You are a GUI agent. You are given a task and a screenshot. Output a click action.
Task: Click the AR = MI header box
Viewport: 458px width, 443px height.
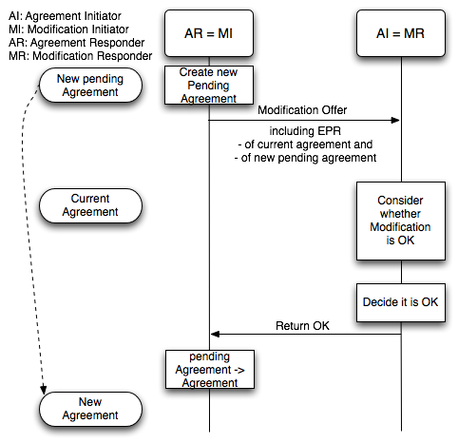tap(209, 33)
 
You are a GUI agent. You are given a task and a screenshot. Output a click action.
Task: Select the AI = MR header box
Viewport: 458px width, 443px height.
tap(401, 33)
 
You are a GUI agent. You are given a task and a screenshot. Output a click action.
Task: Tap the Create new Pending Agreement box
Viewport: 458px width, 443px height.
tap(209, 85)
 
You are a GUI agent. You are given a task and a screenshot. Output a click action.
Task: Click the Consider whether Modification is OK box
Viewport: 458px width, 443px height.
tap(401, 221)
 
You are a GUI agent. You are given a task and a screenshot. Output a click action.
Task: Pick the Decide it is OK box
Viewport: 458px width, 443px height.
tap(401, 302)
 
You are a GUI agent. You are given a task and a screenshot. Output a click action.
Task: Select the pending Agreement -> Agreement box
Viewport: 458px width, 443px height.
tap(210, 369)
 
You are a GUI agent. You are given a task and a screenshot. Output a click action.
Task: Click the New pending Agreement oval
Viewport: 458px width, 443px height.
tap(90, 85)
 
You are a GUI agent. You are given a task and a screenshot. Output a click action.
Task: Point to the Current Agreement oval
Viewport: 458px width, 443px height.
tap(90, 205)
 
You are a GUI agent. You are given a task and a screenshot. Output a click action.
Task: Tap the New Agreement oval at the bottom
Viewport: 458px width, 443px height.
tap(90, 409)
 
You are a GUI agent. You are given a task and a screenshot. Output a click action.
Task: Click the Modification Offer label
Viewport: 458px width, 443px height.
tap(302, 110)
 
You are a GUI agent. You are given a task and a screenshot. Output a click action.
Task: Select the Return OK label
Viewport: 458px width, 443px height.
tap(302, 326)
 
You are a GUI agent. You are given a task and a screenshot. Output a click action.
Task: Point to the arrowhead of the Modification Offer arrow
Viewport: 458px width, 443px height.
tap(395, 120)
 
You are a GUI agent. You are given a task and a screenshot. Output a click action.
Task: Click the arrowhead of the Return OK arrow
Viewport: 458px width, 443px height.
tap(215, 334)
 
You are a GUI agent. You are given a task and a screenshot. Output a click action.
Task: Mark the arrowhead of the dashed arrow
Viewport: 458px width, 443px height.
tap(44, 390)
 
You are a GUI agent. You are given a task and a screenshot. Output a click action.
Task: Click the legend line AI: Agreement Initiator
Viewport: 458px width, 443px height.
tap(65, 16)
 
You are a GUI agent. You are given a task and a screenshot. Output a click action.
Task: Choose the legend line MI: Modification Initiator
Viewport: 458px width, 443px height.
tap(68, 29)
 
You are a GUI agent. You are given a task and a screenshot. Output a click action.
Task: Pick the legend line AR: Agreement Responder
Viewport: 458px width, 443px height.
tap(77, 43)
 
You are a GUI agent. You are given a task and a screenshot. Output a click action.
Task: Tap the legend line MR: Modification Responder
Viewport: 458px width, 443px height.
tap(81, 56)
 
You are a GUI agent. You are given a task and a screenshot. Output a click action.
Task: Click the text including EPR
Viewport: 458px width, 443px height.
tap(305, 131)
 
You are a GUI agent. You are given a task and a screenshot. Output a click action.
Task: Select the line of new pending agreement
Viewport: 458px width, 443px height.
tap(305, 158)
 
